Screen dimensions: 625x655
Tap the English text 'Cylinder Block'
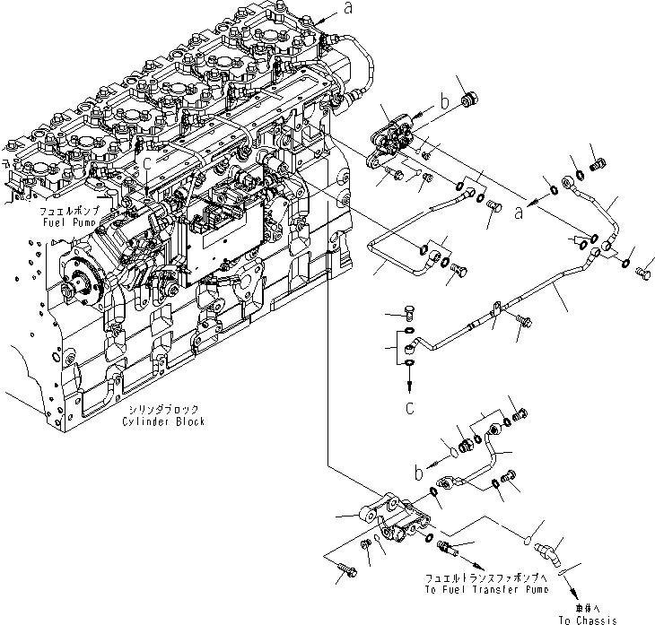pos(168,421)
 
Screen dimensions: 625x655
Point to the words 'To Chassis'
pos(587,620)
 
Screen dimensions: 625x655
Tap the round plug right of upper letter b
pos(467,98)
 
